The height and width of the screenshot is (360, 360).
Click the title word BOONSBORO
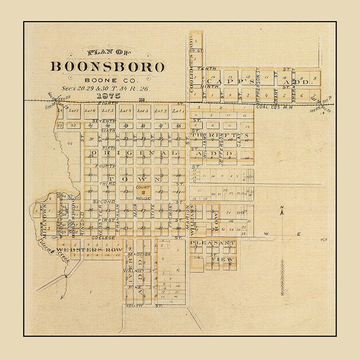[x=108, y=67]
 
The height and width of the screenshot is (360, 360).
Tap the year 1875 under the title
[x=108, y=96]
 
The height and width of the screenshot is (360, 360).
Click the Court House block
[x=143, y=192]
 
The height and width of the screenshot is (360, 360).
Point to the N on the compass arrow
[x=282, y=207]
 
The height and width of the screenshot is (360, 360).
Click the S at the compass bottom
[x=282, y=294]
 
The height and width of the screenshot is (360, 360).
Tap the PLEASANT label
[x=213, y=243]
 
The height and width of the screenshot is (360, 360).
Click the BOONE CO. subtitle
[x=105, y=80]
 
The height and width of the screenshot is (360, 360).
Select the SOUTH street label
[x=134, y=306]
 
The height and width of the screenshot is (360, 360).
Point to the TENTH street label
[x=205, y=68]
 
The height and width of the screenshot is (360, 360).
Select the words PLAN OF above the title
[x=109, y=52]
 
